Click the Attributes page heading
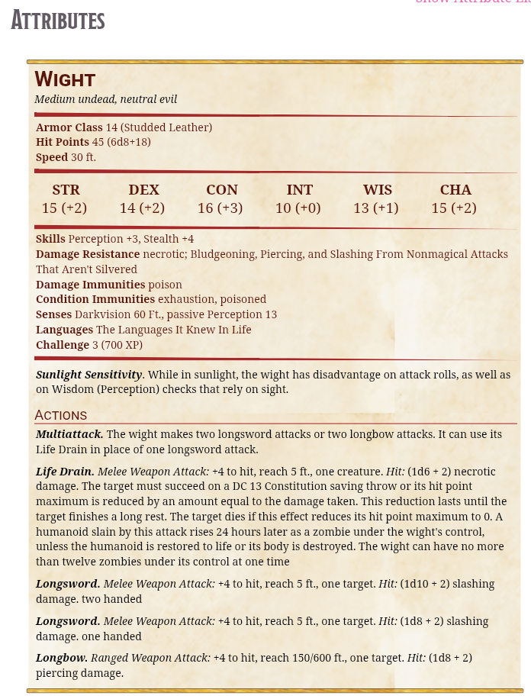(58, 21)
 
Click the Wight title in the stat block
(65, 79)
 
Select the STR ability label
(66, 190)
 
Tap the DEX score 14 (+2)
(143, 208)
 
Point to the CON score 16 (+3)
(220, 208)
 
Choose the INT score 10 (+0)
(298, 208)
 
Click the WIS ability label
(378, 190)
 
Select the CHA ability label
(455, 190)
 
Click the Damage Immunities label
(90, 285)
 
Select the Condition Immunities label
(95, 299)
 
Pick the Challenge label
(63, 345)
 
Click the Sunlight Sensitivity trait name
(89, 375)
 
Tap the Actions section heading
(61, 415)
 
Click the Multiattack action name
(69, 434)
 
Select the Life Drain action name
(65, 472)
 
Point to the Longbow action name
(61, 658)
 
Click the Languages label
(64, 330)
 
